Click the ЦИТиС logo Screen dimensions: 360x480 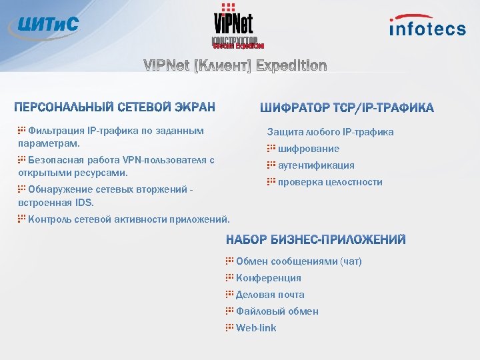click(x=44, y=25)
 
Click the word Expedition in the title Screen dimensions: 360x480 click(x=291, y=65)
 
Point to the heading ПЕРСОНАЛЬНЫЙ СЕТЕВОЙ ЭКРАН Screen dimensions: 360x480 click(x=115, y=107)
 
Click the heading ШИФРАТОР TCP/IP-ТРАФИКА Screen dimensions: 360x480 click(x=346, y=107)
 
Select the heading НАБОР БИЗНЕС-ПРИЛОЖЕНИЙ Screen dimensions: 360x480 click(x=315, y=240)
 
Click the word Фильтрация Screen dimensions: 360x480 click(x=51, y=131)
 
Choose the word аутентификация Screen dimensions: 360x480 click(x=315, y=165)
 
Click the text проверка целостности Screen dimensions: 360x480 click(x=329, y=182)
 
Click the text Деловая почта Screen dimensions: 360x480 click(x=270, y=295)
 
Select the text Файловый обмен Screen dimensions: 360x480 click(x=277, y=311)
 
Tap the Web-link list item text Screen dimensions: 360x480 click(x=255, y=328)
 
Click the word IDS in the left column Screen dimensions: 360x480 click(x=84, y=203)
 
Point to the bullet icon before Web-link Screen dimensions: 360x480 click(x=229, y=327)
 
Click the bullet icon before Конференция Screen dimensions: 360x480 click(x=229, y=277)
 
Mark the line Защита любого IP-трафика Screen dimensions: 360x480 click(x=330, y=132)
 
